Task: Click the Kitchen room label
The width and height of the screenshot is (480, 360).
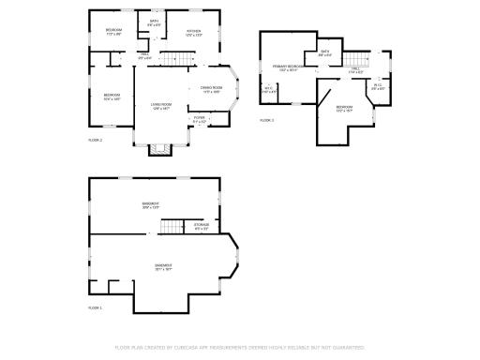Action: (x=194, y=32)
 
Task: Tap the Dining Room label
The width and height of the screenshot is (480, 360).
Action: (x=211, y=89)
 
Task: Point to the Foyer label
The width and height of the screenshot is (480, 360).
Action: (x=199, y=119)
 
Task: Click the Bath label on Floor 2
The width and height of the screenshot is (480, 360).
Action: (x=153, y=22)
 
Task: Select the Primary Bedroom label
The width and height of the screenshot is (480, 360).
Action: (x=287, y=67)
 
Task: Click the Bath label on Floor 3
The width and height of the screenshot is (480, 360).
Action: (x=325, y=52)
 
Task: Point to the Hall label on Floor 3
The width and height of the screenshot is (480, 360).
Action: (x=356, y=69)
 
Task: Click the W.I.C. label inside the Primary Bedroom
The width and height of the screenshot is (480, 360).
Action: (x=268, y=89)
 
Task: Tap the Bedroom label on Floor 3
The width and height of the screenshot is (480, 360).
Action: (x=344, y=108)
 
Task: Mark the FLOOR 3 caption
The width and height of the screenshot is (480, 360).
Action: (x=266, y=120)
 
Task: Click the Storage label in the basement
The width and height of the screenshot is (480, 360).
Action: (x=201, y=226)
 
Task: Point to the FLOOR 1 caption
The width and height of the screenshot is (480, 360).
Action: (x=95, y=307)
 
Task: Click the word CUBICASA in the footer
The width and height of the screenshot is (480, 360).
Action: (x=194, y=347)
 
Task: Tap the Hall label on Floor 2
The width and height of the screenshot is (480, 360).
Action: (x=145, y=55)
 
